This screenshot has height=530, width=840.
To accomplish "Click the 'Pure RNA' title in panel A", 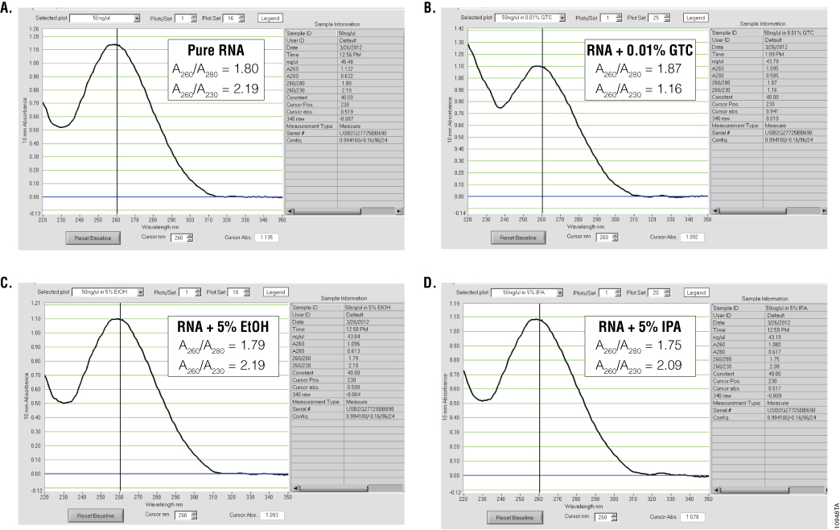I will [215, 48].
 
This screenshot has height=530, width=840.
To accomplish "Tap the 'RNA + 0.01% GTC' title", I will [640, 48].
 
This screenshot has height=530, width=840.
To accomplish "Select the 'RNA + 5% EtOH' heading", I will [227, 326].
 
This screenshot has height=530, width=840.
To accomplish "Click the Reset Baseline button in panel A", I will [93, 237].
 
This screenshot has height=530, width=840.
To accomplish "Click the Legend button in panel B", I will [695, 17].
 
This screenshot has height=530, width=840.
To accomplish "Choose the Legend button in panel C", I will [275, 292].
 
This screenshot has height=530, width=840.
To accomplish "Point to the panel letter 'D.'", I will [430, 285].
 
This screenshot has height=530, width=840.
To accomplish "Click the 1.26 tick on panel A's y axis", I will [33, 28].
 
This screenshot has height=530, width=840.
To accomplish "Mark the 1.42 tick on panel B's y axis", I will [457, 28].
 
